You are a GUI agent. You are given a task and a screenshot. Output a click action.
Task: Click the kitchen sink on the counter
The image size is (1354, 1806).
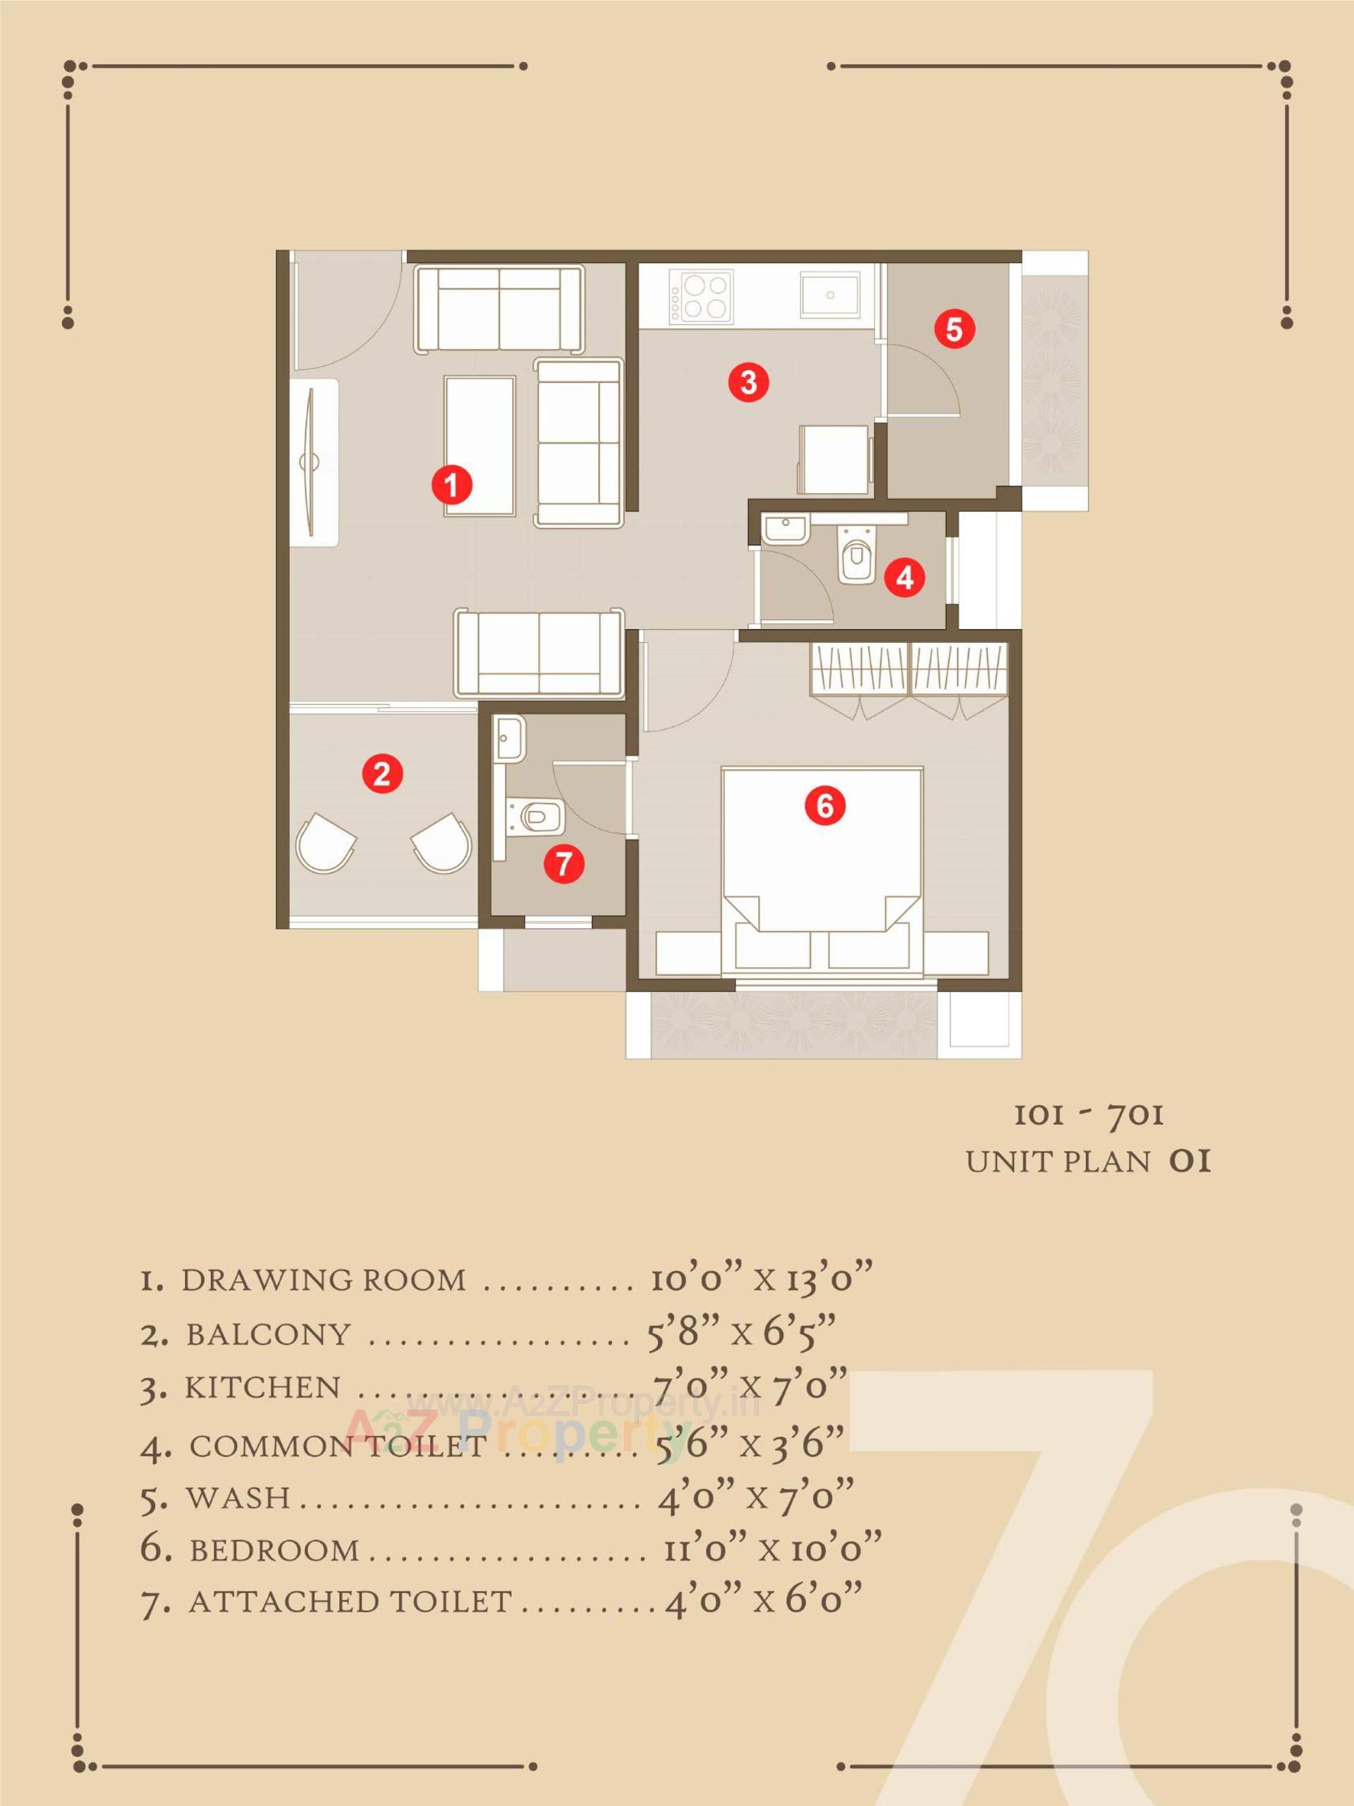(x=831, y=294)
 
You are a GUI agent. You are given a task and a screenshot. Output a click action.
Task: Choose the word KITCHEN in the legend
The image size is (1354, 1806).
(x=262, y=1387)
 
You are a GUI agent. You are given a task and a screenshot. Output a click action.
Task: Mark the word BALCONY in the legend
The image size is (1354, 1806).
(x=268, y=1334)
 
